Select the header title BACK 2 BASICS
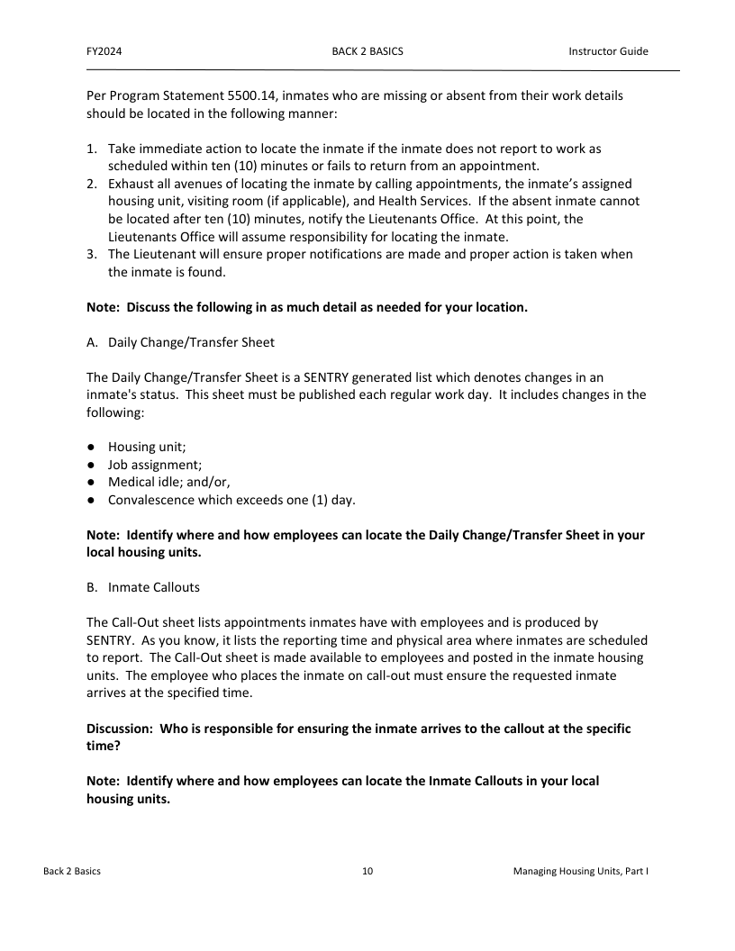click(367, 51)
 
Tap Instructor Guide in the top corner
click(608, 51)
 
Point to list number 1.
click(92, 148)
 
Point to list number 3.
click(92, 255)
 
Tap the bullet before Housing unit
click(92, 448)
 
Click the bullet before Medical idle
click(92, 483)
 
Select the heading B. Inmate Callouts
click(143, 587)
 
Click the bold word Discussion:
click(120, 729)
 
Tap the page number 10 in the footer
click(367, 872)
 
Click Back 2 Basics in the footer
click(72, 872)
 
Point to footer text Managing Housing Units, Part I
click(581, 872)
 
